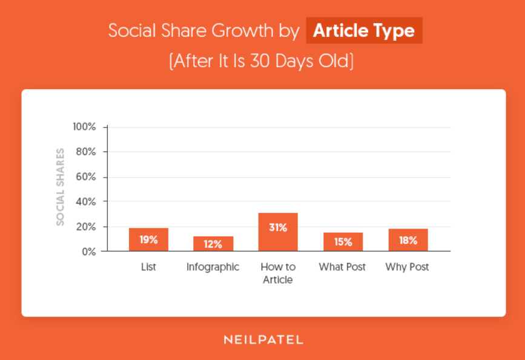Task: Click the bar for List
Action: pos(148,239)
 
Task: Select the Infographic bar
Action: pos(213,244)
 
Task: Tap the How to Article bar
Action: pos(278,232)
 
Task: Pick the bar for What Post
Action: pos(343,242)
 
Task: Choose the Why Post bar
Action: pos(408,240)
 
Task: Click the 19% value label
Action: pos(148,240)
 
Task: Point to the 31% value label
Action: pos(278,228)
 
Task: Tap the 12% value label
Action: pos(213,244)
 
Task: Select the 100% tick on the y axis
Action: pos(84,127)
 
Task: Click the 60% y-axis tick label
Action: pos(86,177)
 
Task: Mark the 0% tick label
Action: pos(88,251)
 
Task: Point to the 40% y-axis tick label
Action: pos(86,201)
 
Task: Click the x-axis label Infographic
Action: pos(213,267)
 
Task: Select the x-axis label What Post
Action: pos(343,267)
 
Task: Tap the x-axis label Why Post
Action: pos(408,267)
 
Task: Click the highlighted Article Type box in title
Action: pos(364,31)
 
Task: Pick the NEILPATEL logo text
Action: pos(262,340)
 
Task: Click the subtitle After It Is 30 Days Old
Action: pos(262,61)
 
